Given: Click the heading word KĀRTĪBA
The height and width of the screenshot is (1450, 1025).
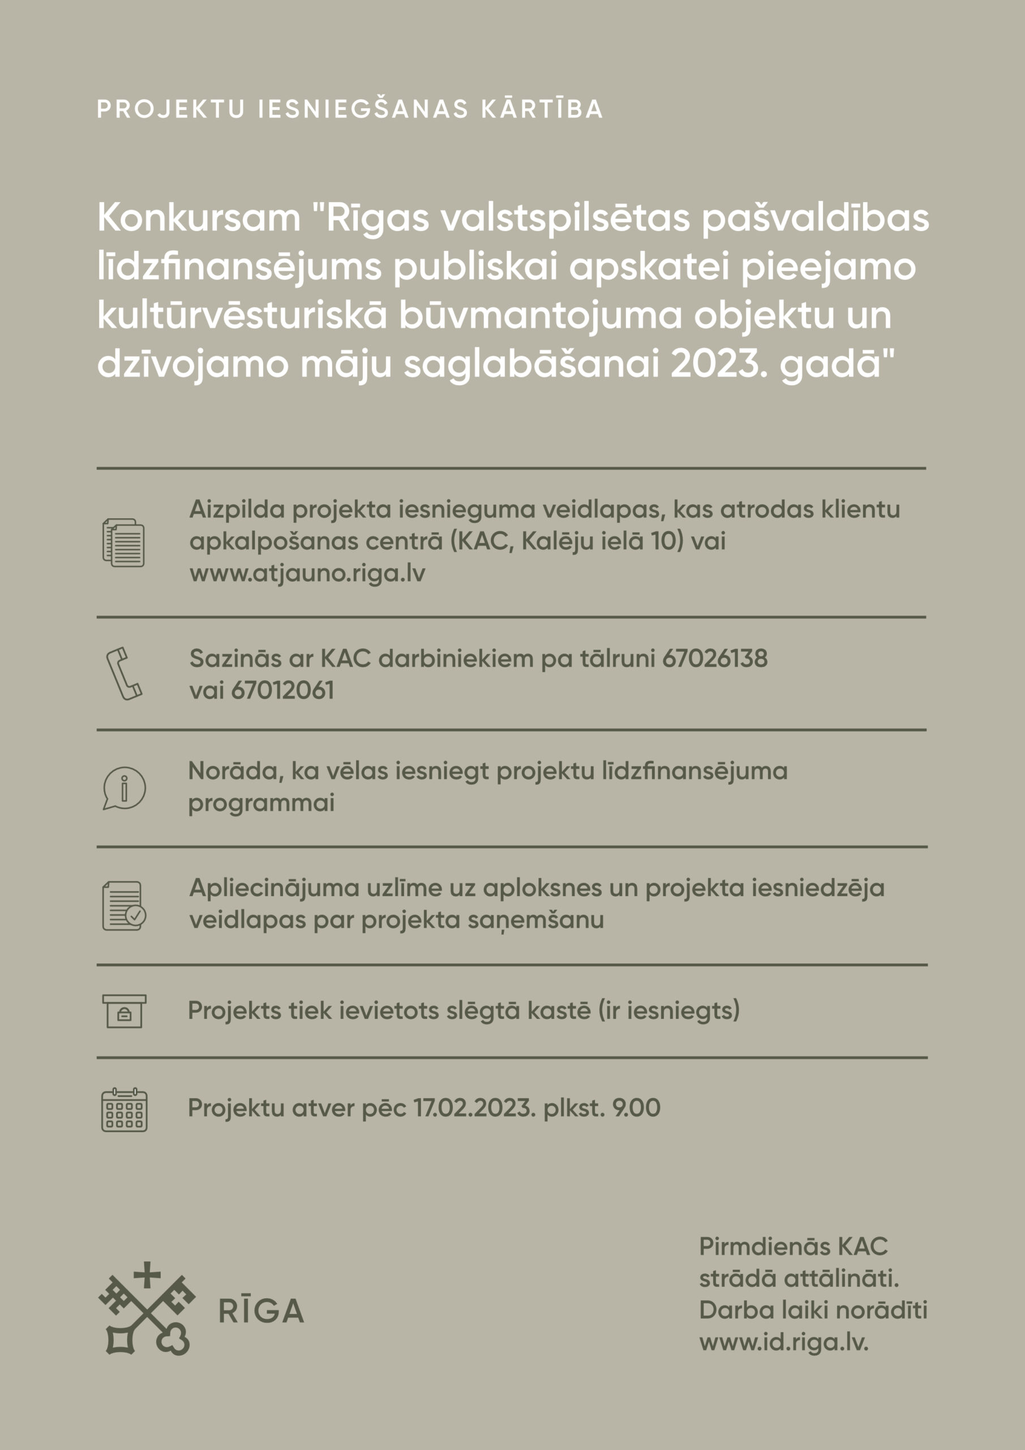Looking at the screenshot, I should pos(542,109).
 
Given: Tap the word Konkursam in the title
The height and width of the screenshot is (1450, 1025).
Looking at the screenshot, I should pos(199,218).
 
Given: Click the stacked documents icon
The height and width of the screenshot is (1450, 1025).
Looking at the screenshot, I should pos(124,543).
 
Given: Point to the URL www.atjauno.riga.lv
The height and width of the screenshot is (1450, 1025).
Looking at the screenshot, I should pos(307,573).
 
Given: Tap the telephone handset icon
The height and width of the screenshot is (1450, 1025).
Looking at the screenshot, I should pos(124,673).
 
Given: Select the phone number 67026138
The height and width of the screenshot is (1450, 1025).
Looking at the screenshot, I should pos(714,659).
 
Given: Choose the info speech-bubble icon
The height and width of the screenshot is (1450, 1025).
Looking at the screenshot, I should pos(125,788).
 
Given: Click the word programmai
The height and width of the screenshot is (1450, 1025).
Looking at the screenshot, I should pos(261,803).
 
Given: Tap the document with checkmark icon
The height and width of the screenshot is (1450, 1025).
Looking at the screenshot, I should pos(125,906).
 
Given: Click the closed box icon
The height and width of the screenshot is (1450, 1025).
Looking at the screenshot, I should pos(125,1010).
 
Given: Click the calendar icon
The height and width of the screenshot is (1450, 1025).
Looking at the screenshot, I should pos(125,1110).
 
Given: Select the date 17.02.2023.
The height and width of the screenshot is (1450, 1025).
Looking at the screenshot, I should pos(474,1108).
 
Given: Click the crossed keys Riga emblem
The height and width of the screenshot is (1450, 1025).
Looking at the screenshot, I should pos(147,1308).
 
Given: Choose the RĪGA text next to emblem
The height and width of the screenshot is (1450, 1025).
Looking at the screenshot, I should pos(261,1312).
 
